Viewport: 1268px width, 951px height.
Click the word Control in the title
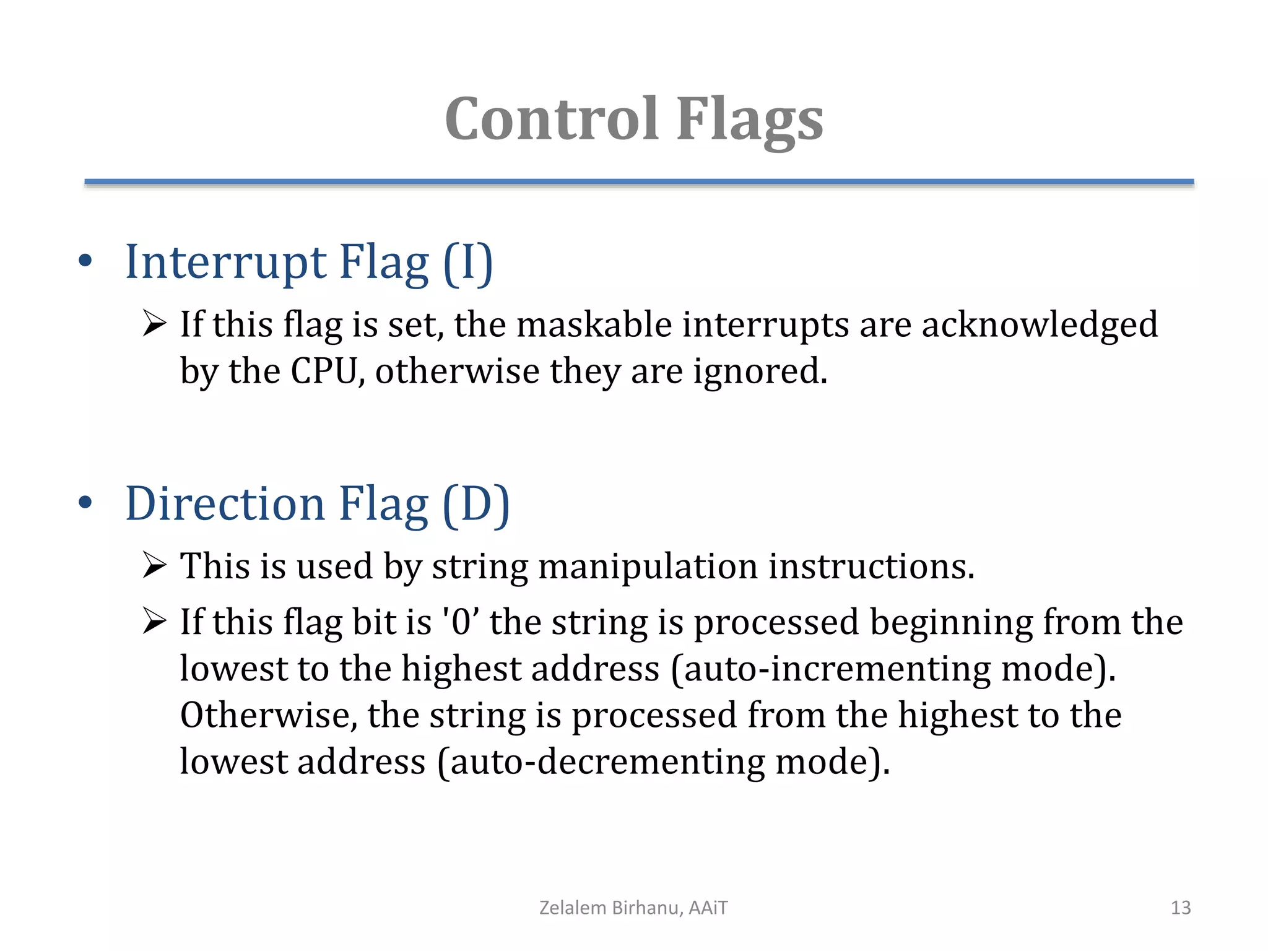point(551,119)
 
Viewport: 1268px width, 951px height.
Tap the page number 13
point(1180,908)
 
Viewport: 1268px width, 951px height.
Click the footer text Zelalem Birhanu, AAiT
point(633,908)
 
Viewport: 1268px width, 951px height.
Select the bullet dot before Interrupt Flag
point(85,261)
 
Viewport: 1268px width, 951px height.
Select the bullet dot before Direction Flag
point(85,503)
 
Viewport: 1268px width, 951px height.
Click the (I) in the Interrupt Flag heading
point(468,263)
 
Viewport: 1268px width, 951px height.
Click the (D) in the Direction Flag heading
point(475,505)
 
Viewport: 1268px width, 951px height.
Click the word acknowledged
point(1040,326)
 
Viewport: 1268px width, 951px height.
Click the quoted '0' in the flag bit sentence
point(461,622)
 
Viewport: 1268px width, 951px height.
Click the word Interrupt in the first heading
point(225,263)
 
